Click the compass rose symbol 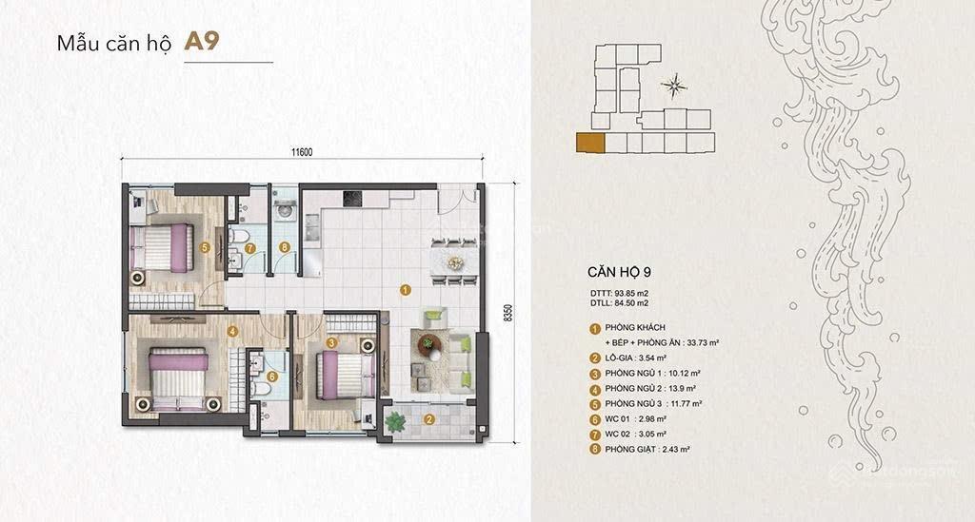[x=674, y=87]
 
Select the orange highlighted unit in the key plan [x=589, y=144]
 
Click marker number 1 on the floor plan [x=406, y=290]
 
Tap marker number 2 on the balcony [x=429, y=419]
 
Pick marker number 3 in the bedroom [x=331, y=342]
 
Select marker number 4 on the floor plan [x=232, y=331]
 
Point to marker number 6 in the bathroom [x=272, y=377]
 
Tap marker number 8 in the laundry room [x=284, y=248]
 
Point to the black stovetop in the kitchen [x=352, y=199]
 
